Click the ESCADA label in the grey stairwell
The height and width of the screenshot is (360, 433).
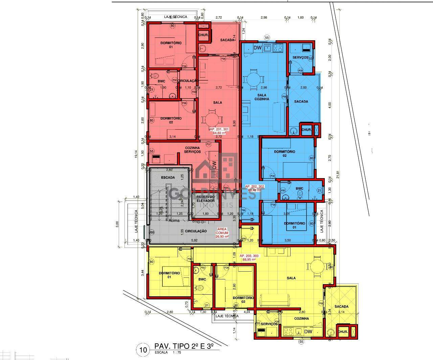click(168, 177)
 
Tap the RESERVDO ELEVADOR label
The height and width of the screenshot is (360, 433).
click(205, 199)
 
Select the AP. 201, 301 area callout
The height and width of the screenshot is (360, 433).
click(219, 131)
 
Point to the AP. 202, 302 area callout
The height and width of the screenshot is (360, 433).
click(254, 188)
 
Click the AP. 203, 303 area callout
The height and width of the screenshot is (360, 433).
click(249, 257)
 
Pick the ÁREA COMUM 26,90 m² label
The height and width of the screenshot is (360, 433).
click(223, 233)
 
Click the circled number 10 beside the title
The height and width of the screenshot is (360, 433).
click(143, 349)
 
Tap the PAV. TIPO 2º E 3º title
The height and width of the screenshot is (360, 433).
click(186, 346)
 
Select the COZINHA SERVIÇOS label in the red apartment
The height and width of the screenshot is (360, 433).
click(193, 150)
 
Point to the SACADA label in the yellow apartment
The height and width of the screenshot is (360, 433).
click(341, 306)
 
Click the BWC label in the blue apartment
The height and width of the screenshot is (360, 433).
click(299, 189)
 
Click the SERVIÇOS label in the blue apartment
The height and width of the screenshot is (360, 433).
click(300, 58)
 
